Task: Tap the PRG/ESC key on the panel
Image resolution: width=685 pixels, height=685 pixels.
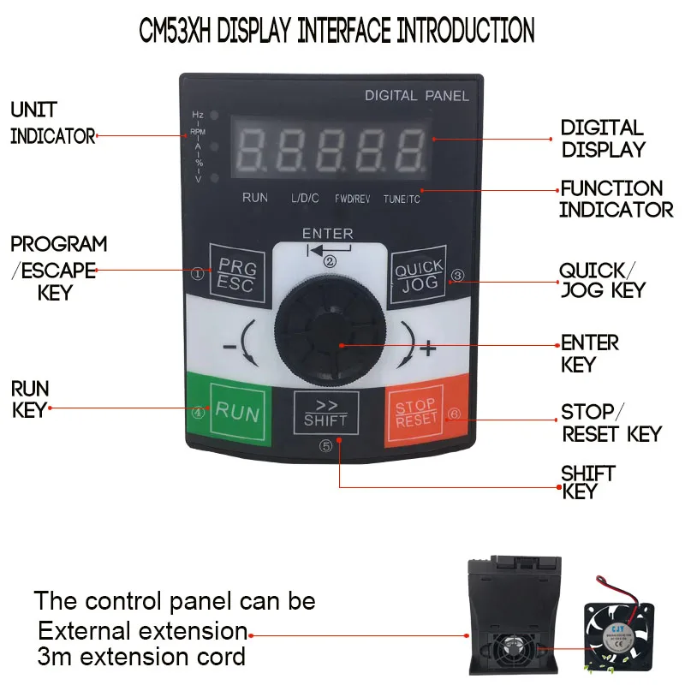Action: (x=233, y=275)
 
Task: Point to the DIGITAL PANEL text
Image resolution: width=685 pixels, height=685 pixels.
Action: (x=417, y=96)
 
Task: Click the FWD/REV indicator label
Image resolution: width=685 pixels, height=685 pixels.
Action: (x=352, y=199)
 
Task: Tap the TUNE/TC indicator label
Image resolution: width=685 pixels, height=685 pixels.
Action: (x=402, y=199)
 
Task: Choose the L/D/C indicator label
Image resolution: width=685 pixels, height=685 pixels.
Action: (x=305, y=198)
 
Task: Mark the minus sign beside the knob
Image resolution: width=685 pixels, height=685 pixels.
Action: (x=229, y=348)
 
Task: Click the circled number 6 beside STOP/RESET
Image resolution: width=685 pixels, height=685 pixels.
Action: (x=455, y=414)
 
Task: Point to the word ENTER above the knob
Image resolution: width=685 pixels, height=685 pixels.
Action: (x=327, y=233)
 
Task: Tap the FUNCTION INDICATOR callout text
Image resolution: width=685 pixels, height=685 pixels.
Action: (x=615, y=199)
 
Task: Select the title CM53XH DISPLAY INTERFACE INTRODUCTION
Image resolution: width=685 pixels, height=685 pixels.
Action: (x=337, y=31)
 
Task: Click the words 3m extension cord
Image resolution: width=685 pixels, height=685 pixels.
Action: (x=141, y=657)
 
